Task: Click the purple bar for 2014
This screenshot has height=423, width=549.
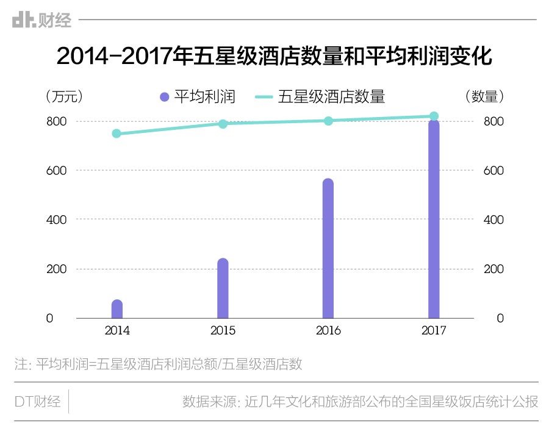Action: click(117, 309)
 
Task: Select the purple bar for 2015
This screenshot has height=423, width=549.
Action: click(223, 289)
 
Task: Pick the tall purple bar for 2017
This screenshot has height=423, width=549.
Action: click(434, 219)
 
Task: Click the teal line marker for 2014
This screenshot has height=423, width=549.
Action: click(117, 133)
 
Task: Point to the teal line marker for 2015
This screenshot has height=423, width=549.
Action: click(223, 124)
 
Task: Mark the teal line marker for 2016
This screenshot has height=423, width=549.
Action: click(328, 121)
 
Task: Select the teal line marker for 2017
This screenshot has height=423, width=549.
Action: click(434, 116)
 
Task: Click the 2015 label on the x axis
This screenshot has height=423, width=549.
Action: click(223, 331)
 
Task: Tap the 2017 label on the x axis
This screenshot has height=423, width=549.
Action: click(434, 331)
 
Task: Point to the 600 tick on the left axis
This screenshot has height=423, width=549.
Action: click(58, 171)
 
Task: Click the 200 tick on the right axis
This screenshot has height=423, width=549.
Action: click(493, 269)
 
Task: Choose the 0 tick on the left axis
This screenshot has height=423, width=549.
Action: click(49, 318)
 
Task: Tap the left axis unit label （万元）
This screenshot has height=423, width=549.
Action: click(64, 96)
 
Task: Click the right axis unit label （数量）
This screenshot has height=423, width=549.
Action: click(485, 96)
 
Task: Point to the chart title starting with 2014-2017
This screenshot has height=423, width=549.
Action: click(274, 57)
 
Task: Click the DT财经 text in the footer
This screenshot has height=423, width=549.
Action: click(37, 402)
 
